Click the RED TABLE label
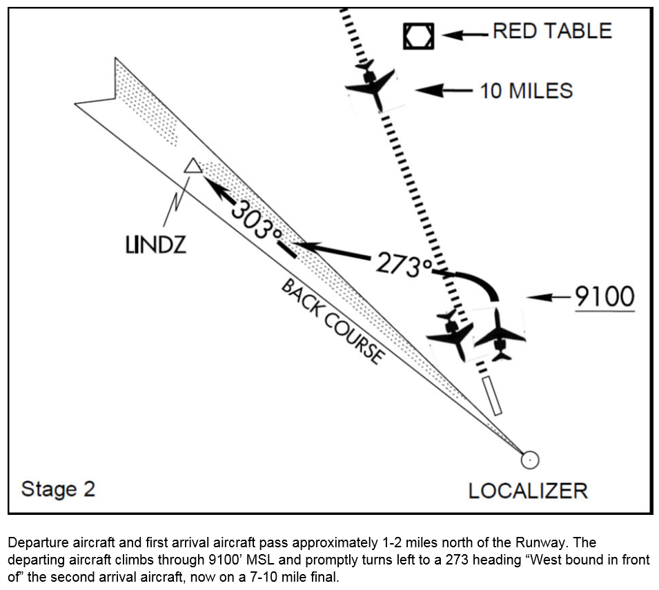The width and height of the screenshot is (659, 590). (551, 31)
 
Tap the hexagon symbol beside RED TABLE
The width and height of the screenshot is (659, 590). (419, 36)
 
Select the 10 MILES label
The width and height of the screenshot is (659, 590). (526, 90)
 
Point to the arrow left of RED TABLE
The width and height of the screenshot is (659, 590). (464, 34)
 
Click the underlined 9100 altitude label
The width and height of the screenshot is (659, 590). (604, 297)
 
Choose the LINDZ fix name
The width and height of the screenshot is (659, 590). (156, 245)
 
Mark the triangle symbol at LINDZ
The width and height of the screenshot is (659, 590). (193, 166)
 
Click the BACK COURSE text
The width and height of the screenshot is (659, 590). (332, 321)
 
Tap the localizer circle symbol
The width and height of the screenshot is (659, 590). (529, 459)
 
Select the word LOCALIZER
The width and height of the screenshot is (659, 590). (528, 491)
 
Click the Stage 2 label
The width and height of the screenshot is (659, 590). (58, 489)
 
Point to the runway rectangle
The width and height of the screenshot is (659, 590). (493, 395)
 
